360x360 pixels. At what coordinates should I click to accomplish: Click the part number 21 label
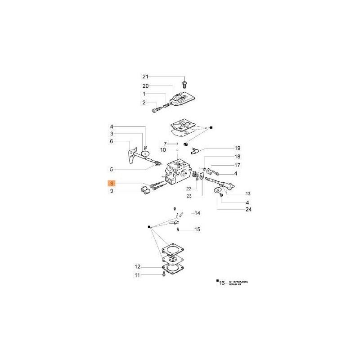(x=144, y=77)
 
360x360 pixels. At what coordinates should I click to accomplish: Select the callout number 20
(x=144, y=85)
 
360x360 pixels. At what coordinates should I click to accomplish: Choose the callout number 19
(x=237, y=148)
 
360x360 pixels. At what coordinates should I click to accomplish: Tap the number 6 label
(x=112, y=141)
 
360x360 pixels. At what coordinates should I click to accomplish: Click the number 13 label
(x=248, y=193)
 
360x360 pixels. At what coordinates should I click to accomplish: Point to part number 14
(x=197, y=213)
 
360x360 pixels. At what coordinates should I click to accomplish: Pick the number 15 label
(x=197, y=229)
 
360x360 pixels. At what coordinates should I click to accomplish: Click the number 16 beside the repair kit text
(x=221, y=283)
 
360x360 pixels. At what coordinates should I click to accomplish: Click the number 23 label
(x=189, y=196)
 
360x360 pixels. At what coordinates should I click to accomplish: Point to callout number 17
(x=237, y=165)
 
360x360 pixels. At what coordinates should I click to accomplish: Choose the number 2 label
(x=144, y=103)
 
